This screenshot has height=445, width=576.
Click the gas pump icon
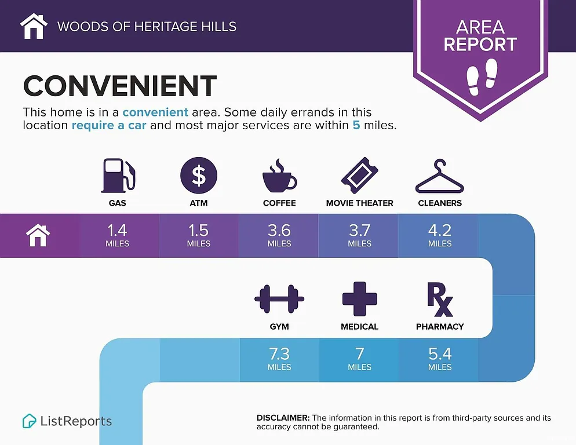tap(118, 176)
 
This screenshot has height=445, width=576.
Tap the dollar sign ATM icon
tap(199, 176)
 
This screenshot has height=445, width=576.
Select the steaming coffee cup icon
tap(279, 176)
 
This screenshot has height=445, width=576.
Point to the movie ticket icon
tap(360, 176)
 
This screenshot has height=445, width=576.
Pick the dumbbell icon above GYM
tap(279, 299)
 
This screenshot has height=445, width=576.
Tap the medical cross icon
tap(360, 299)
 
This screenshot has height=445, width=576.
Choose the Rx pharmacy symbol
tap(440, 299)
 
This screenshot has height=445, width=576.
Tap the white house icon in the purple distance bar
tap(38, 236)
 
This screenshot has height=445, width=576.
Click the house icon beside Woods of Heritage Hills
tap(34, 25)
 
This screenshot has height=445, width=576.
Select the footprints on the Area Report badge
tap(482, 76)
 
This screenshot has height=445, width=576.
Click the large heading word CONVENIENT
tap(120, 86)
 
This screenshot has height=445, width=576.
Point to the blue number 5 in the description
tap(356, 125)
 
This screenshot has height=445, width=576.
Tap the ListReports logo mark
tap(29, 421)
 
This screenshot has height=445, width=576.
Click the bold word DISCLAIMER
tap(283, 418)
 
